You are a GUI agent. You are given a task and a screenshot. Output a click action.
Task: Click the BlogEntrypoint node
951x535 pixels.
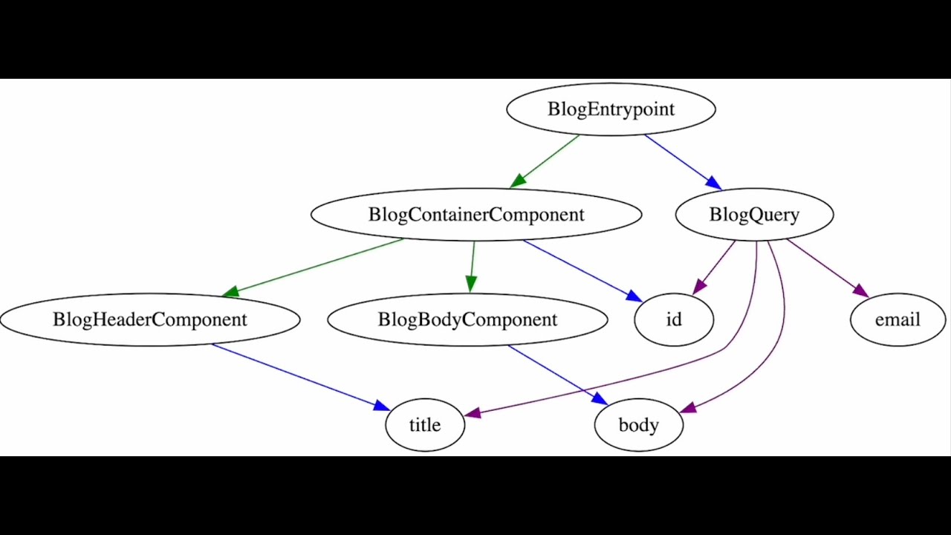[611, 109]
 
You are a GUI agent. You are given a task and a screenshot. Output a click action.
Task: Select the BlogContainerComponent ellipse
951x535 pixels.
[475, 215]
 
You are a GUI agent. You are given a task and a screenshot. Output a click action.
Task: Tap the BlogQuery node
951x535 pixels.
[754, 215]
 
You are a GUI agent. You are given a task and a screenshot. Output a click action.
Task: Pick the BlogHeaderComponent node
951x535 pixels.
[150, 320]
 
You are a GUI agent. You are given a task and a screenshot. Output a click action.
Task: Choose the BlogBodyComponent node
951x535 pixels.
[467, 320]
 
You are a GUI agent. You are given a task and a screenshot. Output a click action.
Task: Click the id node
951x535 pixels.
[674, 320]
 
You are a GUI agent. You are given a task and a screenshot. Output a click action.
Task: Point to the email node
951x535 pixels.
[898, 320]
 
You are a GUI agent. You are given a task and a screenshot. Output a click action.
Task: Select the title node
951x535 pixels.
[425, 425]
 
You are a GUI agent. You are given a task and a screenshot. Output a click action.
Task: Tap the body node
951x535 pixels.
[639, 425]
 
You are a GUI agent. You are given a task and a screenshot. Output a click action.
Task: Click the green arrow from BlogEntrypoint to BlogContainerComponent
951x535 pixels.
[546, 160]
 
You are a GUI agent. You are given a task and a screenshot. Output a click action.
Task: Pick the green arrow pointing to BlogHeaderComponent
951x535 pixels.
[312, 267]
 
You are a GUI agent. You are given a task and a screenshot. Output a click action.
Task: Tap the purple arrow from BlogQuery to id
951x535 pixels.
[715, 267]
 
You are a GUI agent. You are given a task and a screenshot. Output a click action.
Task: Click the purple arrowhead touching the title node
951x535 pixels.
[473, 413]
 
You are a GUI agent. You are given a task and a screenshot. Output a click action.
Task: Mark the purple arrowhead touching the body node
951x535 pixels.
[688, 408]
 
